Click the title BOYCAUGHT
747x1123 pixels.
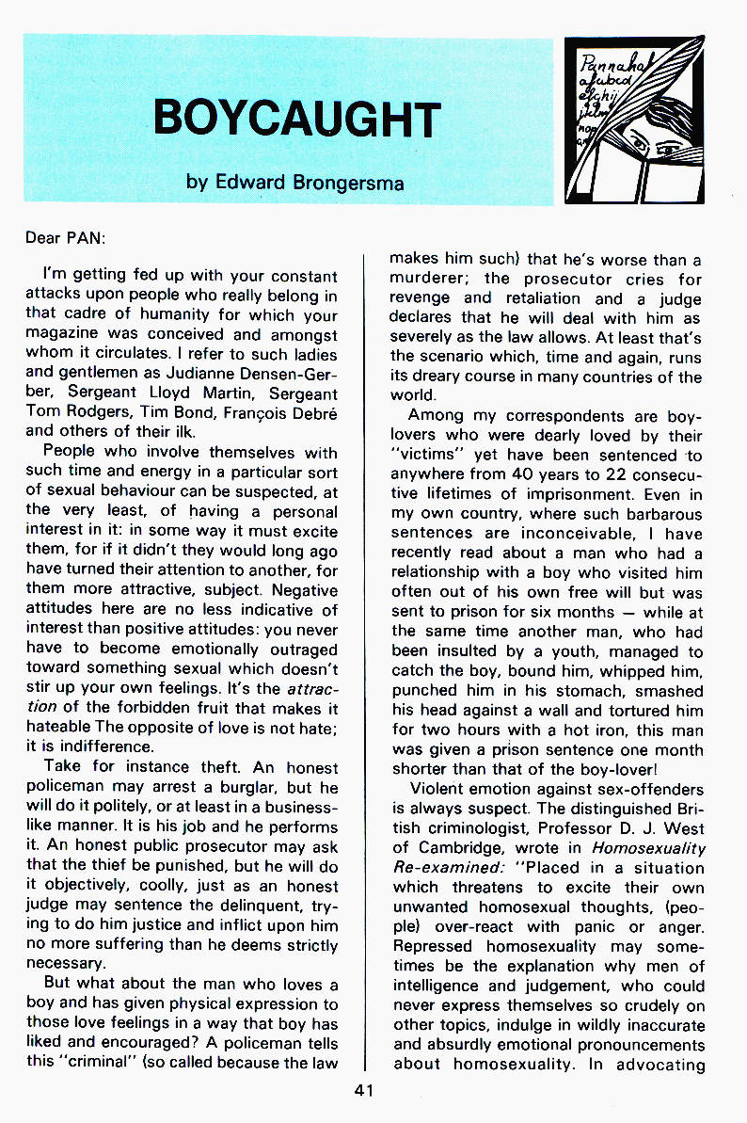coord(296,120)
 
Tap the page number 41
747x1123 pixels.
coord(365,1090)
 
